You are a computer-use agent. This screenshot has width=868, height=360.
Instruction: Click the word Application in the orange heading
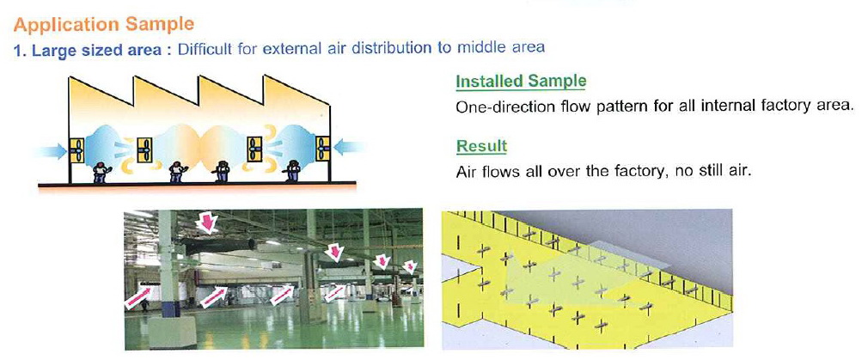point(66,24)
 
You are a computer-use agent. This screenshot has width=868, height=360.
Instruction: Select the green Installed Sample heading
point(521,81)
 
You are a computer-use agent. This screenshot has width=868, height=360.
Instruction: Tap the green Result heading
point(481,147)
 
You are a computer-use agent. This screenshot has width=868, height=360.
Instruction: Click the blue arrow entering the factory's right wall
point(350,147)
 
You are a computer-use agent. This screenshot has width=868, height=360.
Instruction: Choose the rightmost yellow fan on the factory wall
point(323,149)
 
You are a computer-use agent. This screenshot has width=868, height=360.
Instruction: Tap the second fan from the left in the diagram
point(144,149)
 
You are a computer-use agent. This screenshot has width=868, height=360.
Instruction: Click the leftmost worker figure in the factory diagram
point(101,172)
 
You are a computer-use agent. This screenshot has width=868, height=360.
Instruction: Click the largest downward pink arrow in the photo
point(206,222)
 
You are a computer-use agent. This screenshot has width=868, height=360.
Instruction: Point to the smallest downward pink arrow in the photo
point(410,267)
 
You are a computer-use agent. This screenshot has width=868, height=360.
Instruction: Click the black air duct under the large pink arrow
point(218,246)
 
